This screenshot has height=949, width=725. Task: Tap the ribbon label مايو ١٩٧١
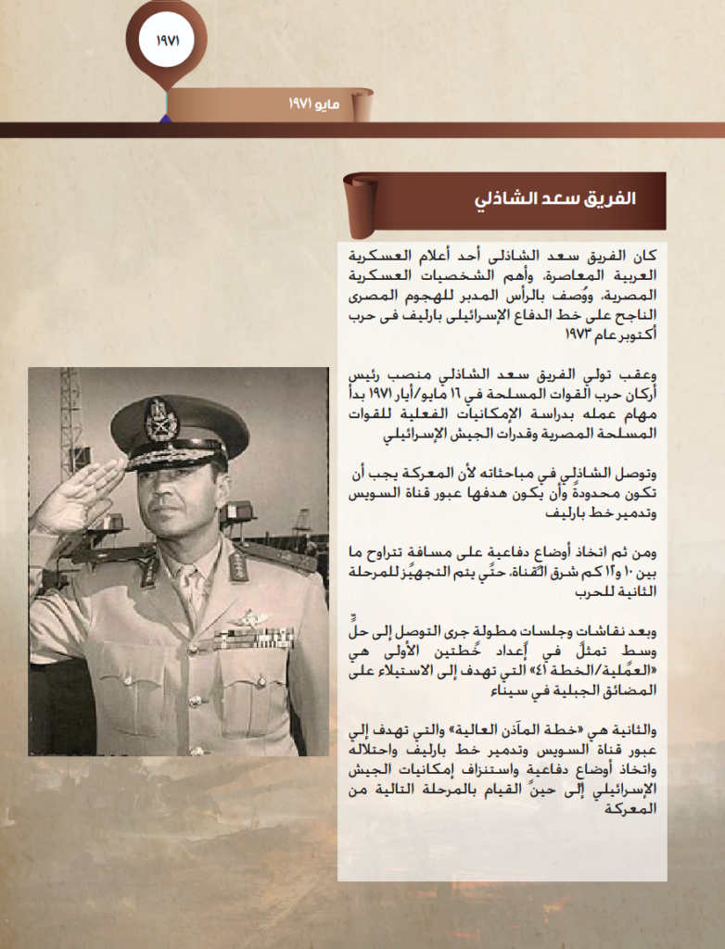314,105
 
